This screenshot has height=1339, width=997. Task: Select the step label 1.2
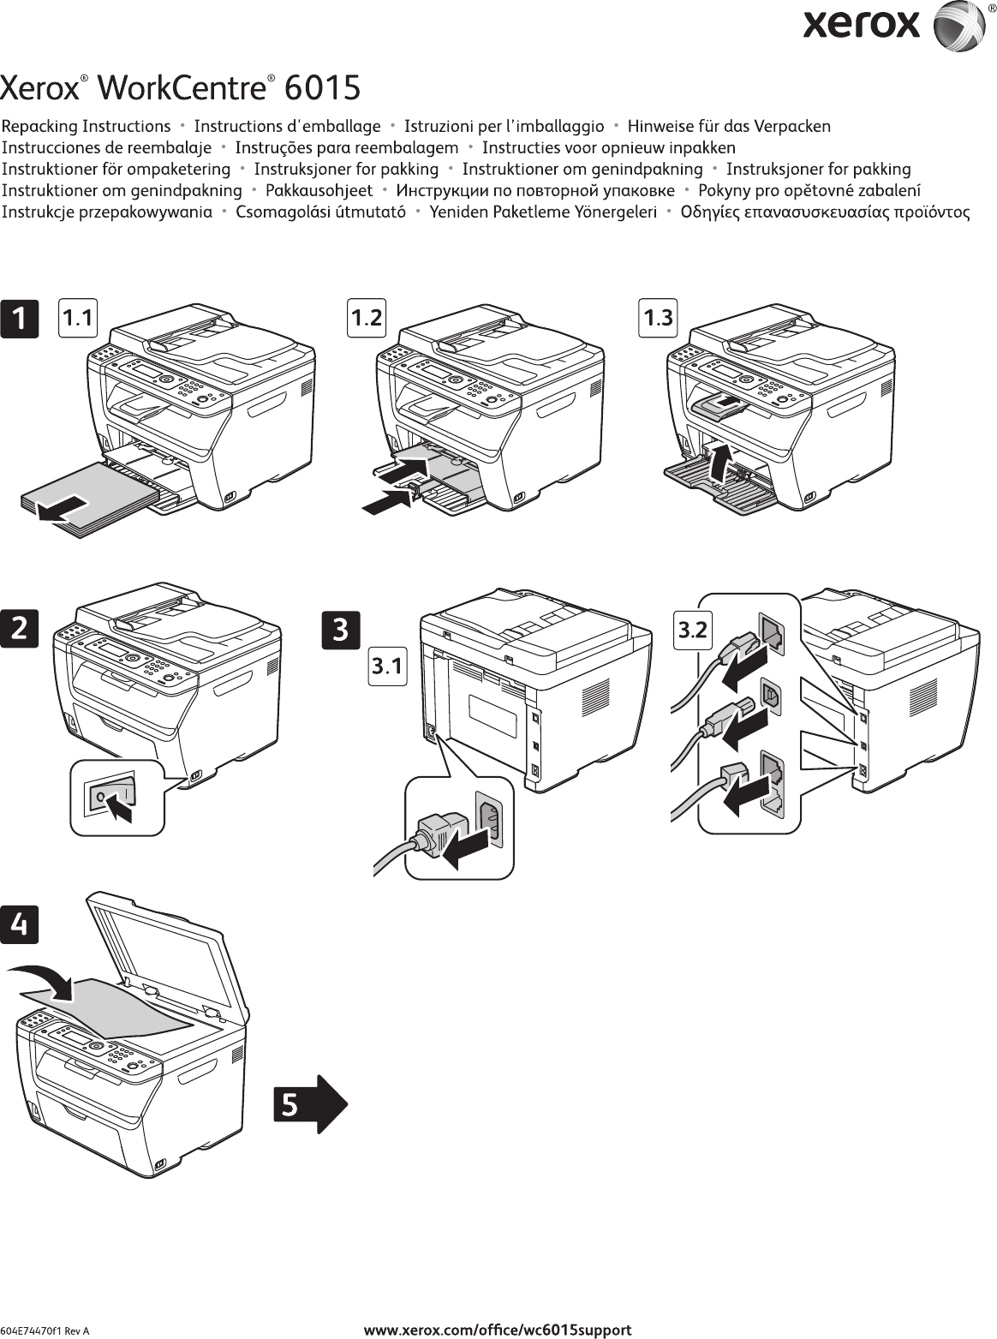point(367,318)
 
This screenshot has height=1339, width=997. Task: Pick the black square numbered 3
point(340,630)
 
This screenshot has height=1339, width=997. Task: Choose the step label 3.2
point(692,631)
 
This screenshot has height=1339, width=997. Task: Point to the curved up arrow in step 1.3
point(723,463)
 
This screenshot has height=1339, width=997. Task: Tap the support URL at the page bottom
point(498,1330)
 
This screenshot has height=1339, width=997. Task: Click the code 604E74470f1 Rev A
point(45,1331)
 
